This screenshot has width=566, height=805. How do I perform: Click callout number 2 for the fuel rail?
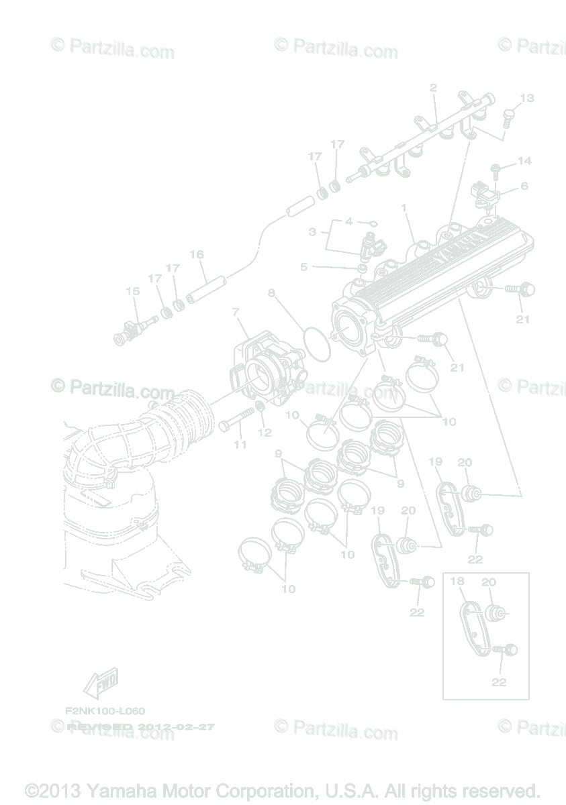pos(433,87)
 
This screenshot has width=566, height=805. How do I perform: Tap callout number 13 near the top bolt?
pos(526,98)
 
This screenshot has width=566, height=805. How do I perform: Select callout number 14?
pos(524,161)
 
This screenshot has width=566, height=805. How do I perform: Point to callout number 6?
pos(524,186)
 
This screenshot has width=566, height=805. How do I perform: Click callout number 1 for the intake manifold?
pos(404,208)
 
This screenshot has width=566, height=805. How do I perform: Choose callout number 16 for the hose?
pos(197,255)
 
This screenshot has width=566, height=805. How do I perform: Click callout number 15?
pos(132,291)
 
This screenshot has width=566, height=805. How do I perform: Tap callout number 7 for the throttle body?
pos(236,312)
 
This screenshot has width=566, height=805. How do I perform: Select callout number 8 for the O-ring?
pos(271,292)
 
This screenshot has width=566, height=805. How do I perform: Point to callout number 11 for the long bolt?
pos(240,444)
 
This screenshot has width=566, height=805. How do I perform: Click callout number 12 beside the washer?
pos(265,433)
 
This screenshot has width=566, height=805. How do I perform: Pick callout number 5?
pos(303,267)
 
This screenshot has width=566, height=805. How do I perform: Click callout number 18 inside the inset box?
pos(457,581)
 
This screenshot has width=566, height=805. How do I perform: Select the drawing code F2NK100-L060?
pos(105,710)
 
